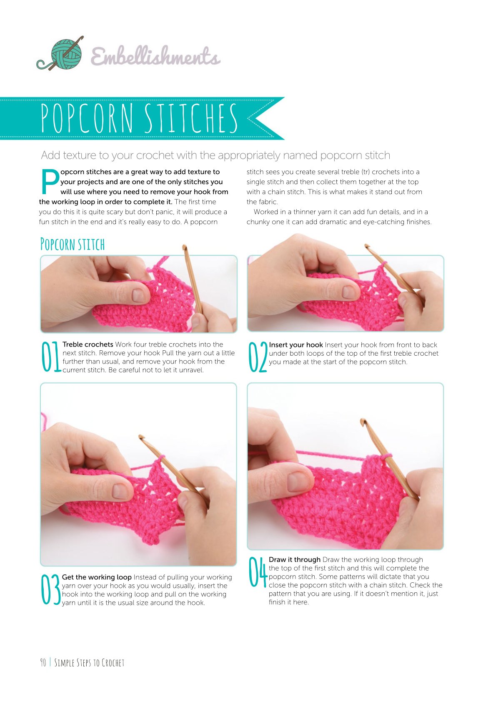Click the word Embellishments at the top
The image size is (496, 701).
pyautogui.click(x=155, y=56)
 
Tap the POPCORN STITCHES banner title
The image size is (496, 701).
pyautogui.click(x=139, y=118)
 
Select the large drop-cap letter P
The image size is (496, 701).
pyautogui.click(x=50, y=181)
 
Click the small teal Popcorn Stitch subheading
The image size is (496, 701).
pyautogui.click(x=73, y=244)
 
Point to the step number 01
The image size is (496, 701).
pyautogui.click(x=51, y=357)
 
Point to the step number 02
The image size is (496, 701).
pyautogui.click(x=258, y=357)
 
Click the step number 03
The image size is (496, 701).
pyautogui.click(x=50, y=589)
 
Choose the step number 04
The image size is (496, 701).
pyautogui.click(x=258, y=572)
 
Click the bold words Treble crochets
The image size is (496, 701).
pyautogui.click(x=88, y=344)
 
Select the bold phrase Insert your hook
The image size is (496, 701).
pyautogui.click(x=296, y=344)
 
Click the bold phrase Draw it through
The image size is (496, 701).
pyautogui.click(x=294, y=559)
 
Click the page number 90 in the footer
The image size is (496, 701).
pyautogui.click(x=43, y=663)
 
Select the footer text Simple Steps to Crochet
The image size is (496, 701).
pyautogui.click(x=89, y=663)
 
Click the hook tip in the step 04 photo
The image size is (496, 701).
pyautogui.click(x=363, y=421)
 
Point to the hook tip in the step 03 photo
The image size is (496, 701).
pyautogui.click(x=142, y=437)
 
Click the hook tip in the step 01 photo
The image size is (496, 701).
pyautogui.click(x=184, y=247)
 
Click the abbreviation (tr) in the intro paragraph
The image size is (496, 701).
pyautogui.click(x=365, y=172)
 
